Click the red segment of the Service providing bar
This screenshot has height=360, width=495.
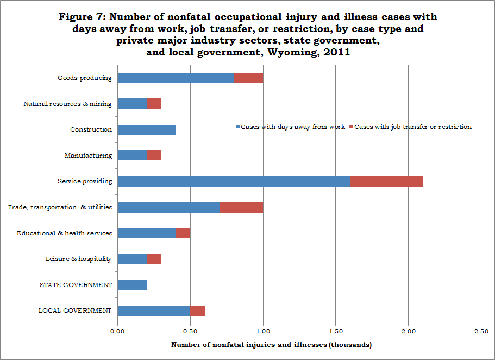387,182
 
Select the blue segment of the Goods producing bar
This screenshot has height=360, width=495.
176,78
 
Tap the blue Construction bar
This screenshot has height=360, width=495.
147,129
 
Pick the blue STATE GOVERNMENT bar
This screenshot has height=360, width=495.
132,285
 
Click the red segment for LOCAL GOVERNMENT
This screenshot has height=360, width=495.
197,311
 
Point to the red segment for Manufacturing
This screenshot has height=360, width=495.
154,156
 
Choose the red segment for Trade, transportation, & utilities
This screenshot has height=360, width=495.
241,207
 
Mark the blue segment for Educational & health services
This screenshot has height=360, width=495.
147,233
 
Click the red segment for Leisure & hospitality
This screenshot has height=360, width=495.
154,259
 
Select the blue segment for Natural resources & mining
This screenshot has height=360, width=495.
132,104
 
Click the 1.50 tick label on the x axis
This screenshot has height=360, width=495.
336,331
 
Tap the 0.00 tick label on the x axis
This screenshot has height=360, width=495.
117,331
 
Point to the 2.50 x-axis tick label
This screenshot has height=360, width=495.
481,331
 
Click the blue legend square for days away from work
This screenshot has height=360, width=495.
237,127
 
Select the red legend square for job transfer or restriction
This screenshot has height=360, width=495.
352,127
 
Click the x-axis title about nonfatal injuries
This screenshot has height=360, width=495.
272,345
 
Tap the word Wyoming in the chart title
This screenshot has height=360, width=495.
293,52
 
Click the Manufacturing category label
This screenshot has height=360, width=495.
89,156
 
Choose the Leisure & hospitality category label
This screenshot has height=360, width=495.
79,259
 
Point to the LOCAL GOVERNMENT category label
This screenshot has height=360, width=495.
75,311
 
